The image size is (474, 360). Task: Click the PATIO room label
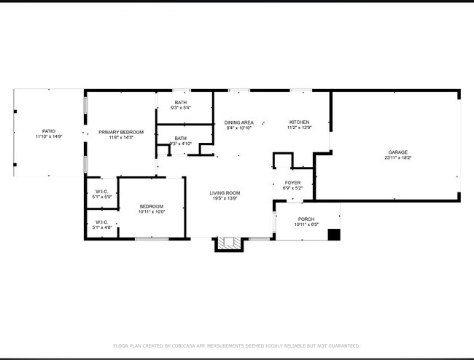tap(49, 131)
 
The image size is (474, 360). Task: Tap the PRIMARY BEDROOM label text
tap(121, 132)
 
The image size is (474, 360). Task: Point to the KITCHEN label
tap(299, 122)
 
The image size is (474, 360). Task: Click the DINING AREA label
tap(238, 122)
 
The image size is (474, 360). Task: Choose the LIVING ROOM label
tap(225, 193)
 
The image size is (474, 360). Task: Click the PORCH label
tap(306, 219)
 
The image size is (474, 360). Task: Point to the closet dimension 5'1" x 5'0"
tap(102, 197)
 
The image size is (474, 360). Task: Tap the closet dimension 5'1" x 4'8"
tap(102, 227)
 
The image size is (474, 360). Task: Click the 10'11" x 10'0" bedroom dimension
tap(152, 212)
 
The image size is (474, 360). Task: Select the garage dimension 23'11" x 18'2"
tap(397, 158)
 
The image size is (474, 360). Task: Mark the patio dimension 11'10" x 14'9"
tap(49, 137)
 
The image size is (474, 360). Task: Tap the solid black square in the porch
tap(334, 235)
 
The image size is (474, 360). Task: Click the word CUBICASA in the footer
tap(188, 345)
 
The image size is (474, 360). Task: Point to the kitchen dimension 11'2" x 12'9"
tap(299, 128)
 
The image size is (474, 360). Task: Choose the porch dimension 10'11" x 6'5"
tap(306, 224)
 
